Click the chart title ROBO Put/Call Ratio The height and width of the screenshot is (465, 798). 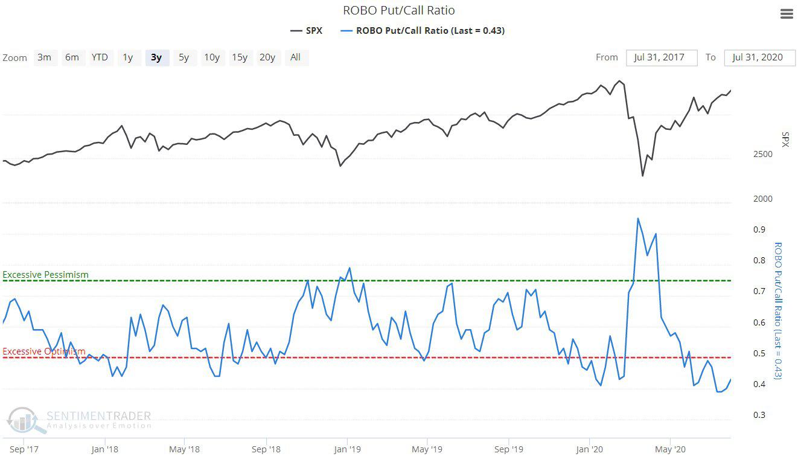(398, 10)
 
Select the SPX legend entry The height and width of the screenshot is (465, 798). (306, 30)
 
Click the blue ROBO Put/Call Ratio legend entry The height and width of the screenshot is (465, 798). (423, 30)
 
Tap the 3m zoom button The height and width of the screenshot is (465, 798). (44, 57)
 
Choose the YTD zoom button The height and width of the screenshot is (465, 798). (100, 57)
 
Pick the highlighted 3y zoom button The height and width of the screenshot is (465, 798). (156, 57)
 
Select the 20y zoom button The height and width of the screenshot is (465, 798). (267, 57)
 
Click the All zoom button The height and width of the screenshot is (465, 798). (295, 57)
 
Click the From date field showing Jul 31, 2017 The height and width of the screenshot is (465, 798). (662, 57)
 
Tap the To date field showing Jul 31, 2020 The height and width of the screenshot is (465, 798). (759, 57)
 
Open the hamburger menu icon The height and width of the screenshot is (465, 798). (787, 14)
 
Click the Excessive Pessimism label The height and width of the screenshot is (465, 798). (46, 275)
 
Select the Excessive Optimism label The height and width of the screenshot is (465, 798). (44, 351)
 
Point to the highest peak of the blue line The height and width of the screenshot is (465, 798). (637, 219)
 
